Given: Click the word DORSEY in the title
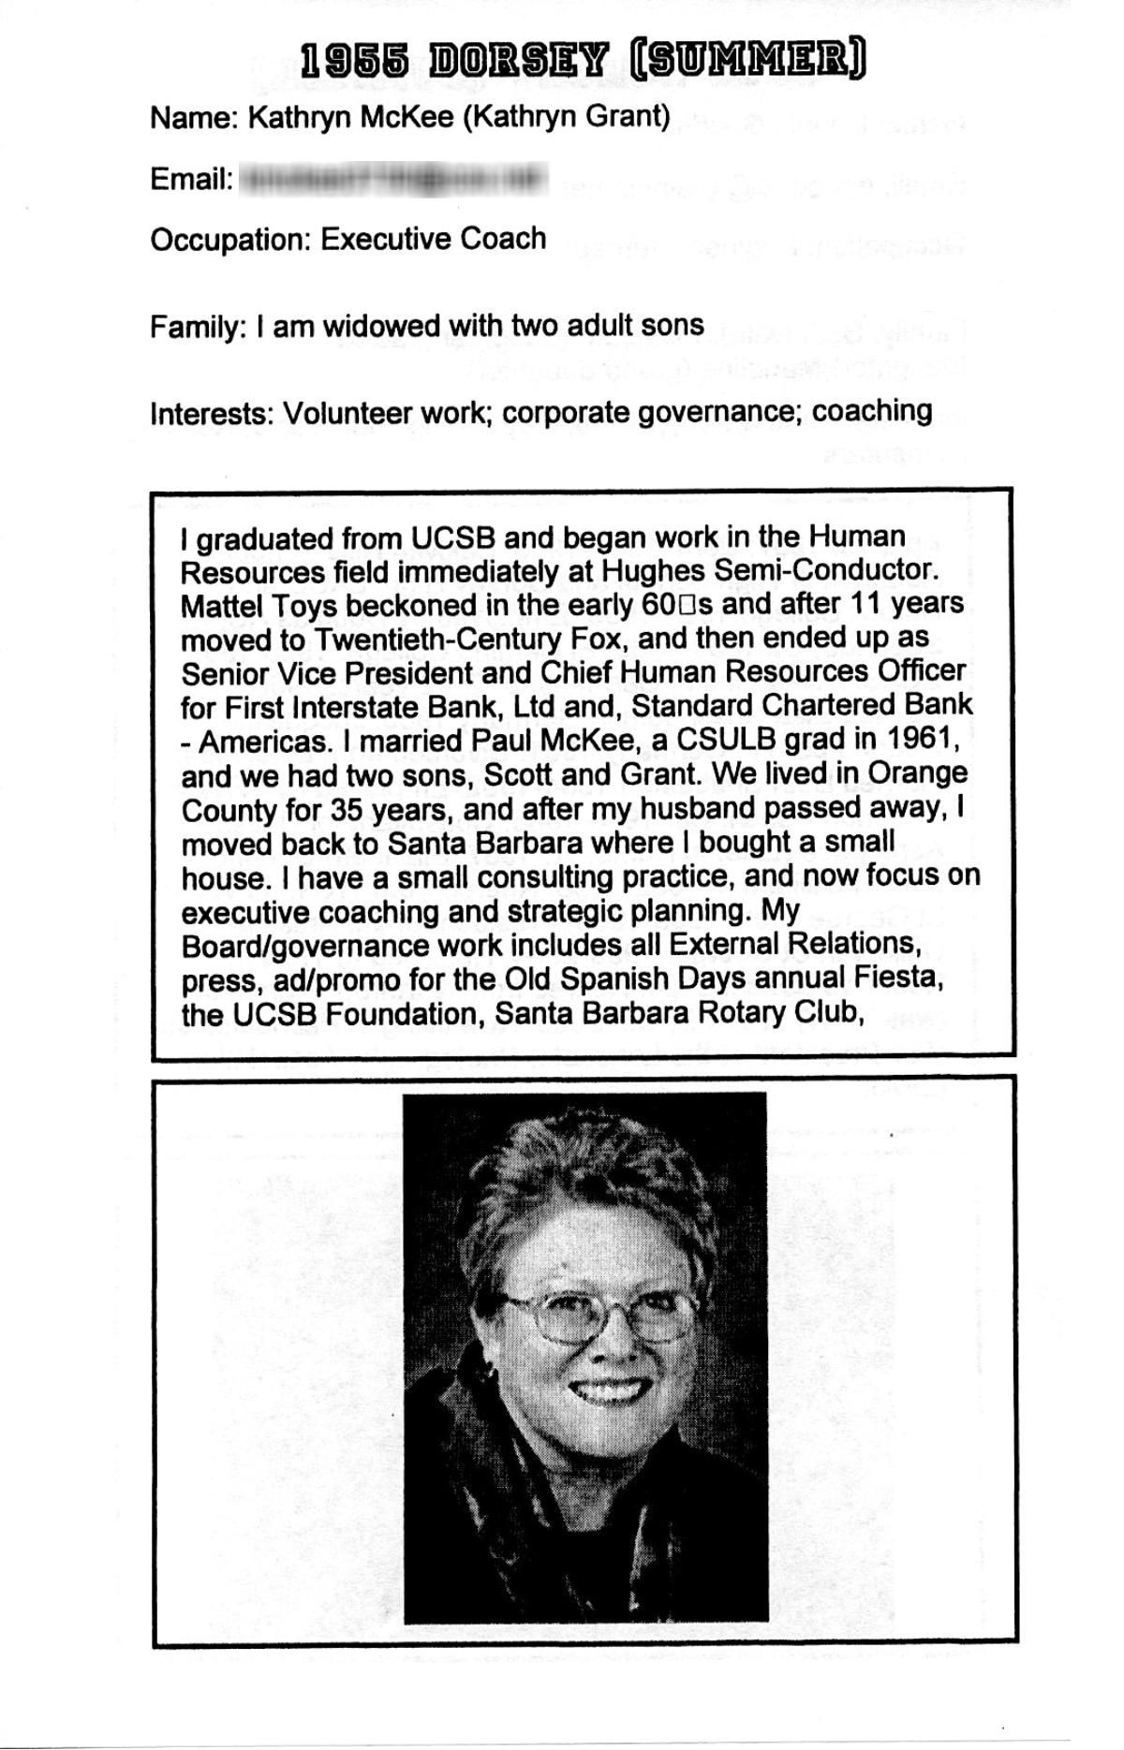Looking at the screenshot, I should [x=519, y=60].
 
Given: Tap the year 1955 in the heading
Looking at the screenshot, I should [x=357, y=60].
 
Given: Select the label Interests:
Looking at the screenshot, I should [x=212, y=413].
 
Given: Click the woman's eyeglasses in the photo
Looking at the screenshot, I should [x=599, y=1314].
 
